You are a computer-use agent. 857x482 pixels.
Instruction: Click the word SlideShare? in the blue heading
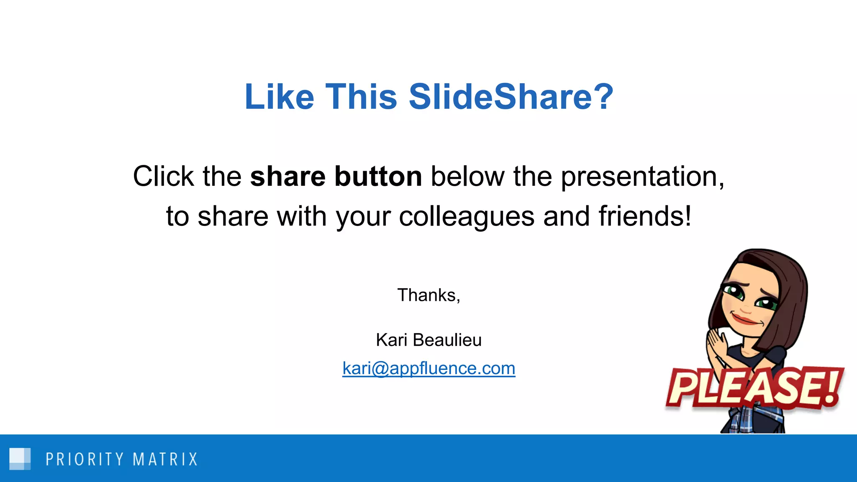pyautogui.click(x=511, y=97)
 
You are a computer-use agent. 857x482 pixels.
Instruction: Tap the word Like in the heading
pyautogui.click(x=279, y=97)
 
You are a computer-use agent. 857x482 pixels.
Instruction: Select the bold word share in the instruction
pyautogui.click(x=287, y=177)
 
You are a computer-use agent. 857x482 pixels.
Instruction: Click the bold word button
pyautogui.click(x=378, y=177)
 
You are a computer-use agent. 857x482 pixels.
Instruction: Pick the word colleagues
pyautogui.click(x=467, y=217)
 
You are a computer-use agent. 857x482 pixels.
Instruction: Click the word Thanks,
pyautogui.click(x=428, y=295)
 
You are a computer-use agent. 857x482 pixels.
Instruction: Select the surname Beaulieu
pyautogui.click(x=447, y=340)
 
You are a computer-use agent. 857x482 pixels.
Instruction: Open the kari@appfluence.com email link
pyautogui.click(x=428, y=369)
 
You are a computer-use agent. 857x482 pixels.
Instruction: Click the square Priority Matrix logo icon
pyautogui.click(x=20, y=459)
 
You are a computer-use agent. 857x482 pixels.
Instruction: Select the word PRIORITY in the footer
pyautogui.click(x=85, y=459)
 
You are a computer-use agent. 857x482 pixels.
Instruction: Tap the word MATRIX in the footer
pyautogui.click(x=165, y=459)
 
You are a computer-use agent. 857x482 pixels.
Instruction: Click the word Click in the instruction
pyautogui.click(x=163, y=177)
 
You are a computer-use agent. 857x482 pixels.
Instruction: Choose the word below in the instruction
pyautogui.click(x=467, y=177)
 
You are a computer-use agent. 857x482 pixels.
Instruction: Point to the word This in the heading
pyautogui.click(x=361, y=97)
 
